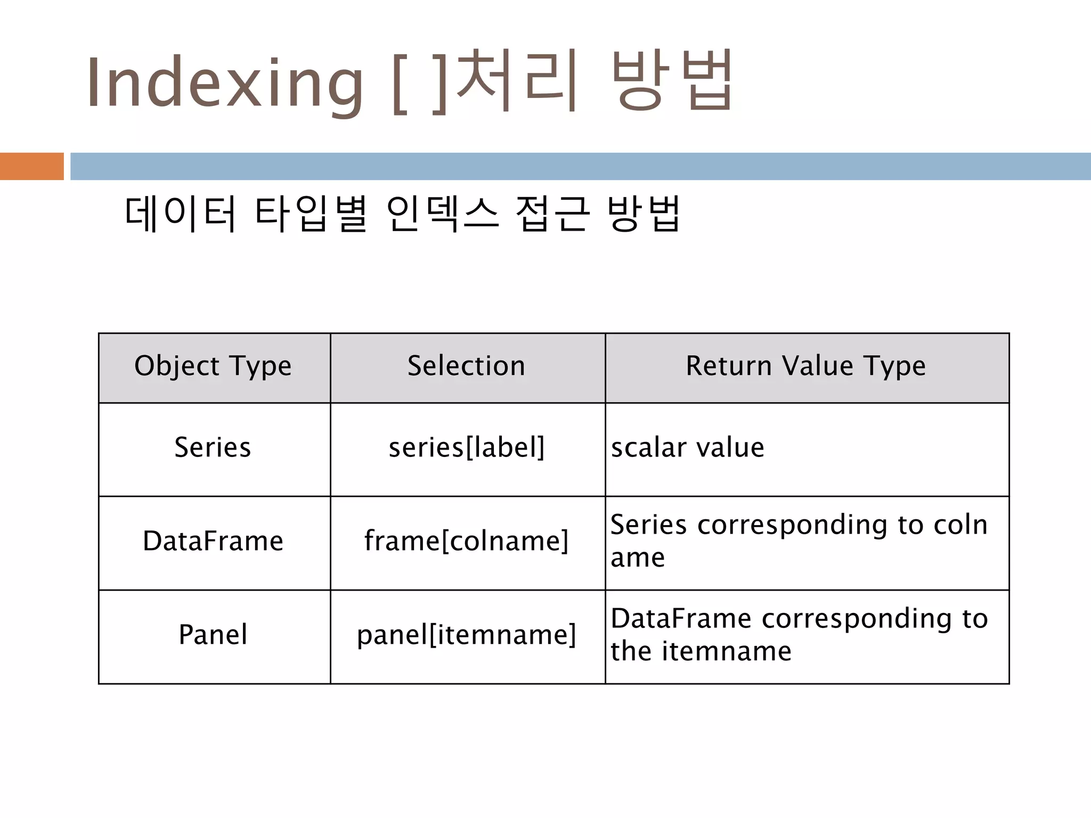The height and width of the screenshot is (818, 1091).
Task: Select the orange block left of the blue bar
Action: click(31, 166)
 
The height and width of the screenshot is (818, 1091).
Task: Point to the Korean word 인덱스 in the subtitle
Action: click(442, 214)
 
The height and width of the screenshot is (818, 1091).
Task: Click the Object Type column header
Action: click(213, 366)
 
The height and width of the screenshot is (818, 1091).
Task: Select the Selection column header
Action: click(467, 366)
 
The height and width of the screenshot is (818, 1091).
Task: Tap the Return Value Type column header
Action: click(805, 366)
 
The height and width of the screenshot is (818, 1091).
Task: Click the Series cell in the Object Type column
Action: click(213, 447)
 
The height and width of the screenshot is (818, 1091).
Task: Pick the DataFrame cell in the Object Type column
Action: click(213, 541)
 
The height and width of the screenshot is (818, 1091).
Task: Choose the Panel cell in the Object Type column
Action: click(213, 635)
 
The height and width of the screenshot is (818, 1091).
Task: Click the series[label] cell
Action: click(467, 447)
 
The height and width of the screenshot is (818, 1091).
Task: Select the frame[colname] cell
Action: click(467, 541)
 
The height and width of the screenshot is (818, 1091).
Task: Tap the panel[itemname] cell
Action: click(467, 635)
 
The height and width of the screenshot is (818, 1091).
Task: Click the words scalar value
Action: click(687, 447)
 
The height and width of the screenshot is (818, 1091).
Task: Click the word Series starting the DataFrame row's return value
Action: click(648, 525)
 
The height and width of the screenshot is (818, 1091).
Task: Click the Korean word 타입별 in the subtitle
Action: click(311, 214)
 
